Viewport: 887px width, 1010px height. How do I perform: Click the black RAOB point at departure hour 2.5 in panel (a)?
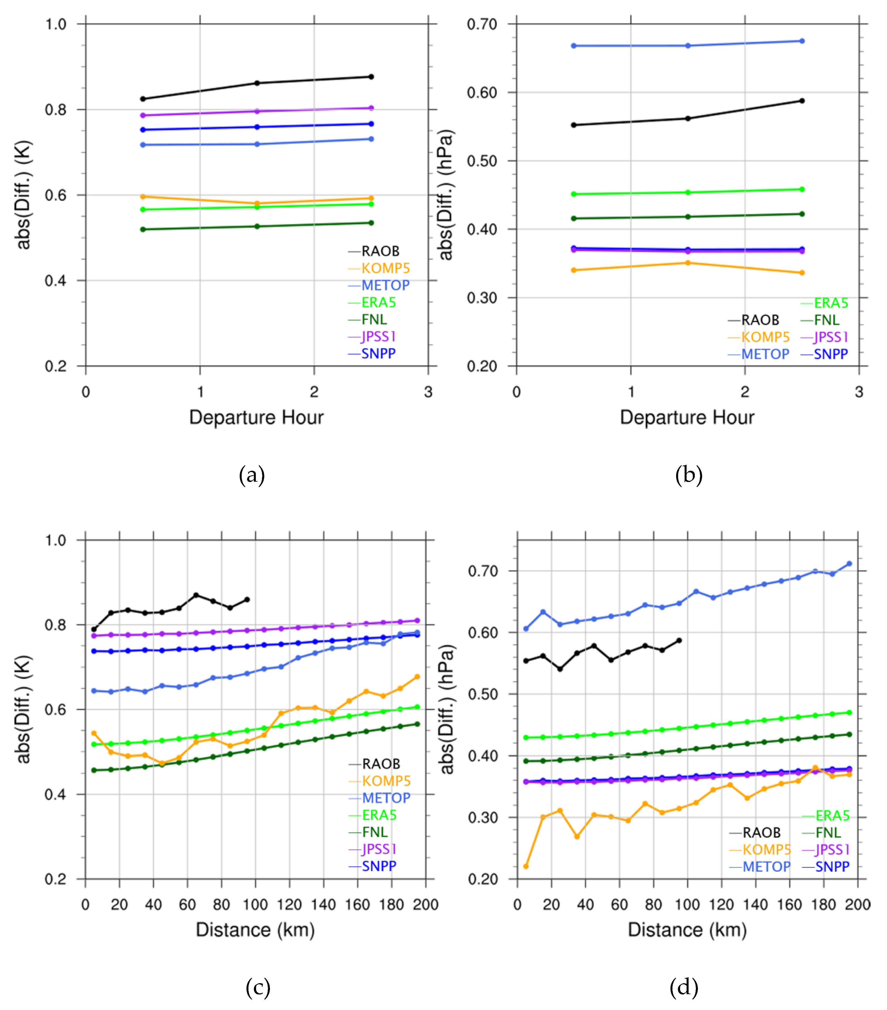click(371, 77)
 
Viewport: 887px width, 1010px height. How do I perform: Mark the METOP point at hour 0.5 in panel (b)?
click(574, 46)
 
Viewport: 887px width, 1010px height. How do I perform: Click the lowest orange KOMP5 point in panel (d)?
click(526, 866)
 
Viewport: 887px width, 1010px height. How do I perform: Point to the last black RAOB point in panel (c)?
click(247, 600)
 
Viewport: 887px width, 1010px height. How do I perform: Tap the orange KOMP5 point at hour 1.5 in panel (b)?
click(688, 263)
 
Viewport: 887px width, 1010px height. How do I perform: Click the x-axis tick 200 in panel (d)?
click(857, 905)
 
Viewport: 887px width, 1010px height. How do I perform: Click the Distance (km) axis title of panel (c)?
click(255, 930)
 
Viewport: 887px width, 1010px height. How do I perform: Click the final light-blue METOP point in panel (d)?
click(849, 564)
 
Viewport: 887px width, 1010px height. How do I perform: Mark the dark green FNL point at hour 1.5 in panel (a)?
click(257, 226)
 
